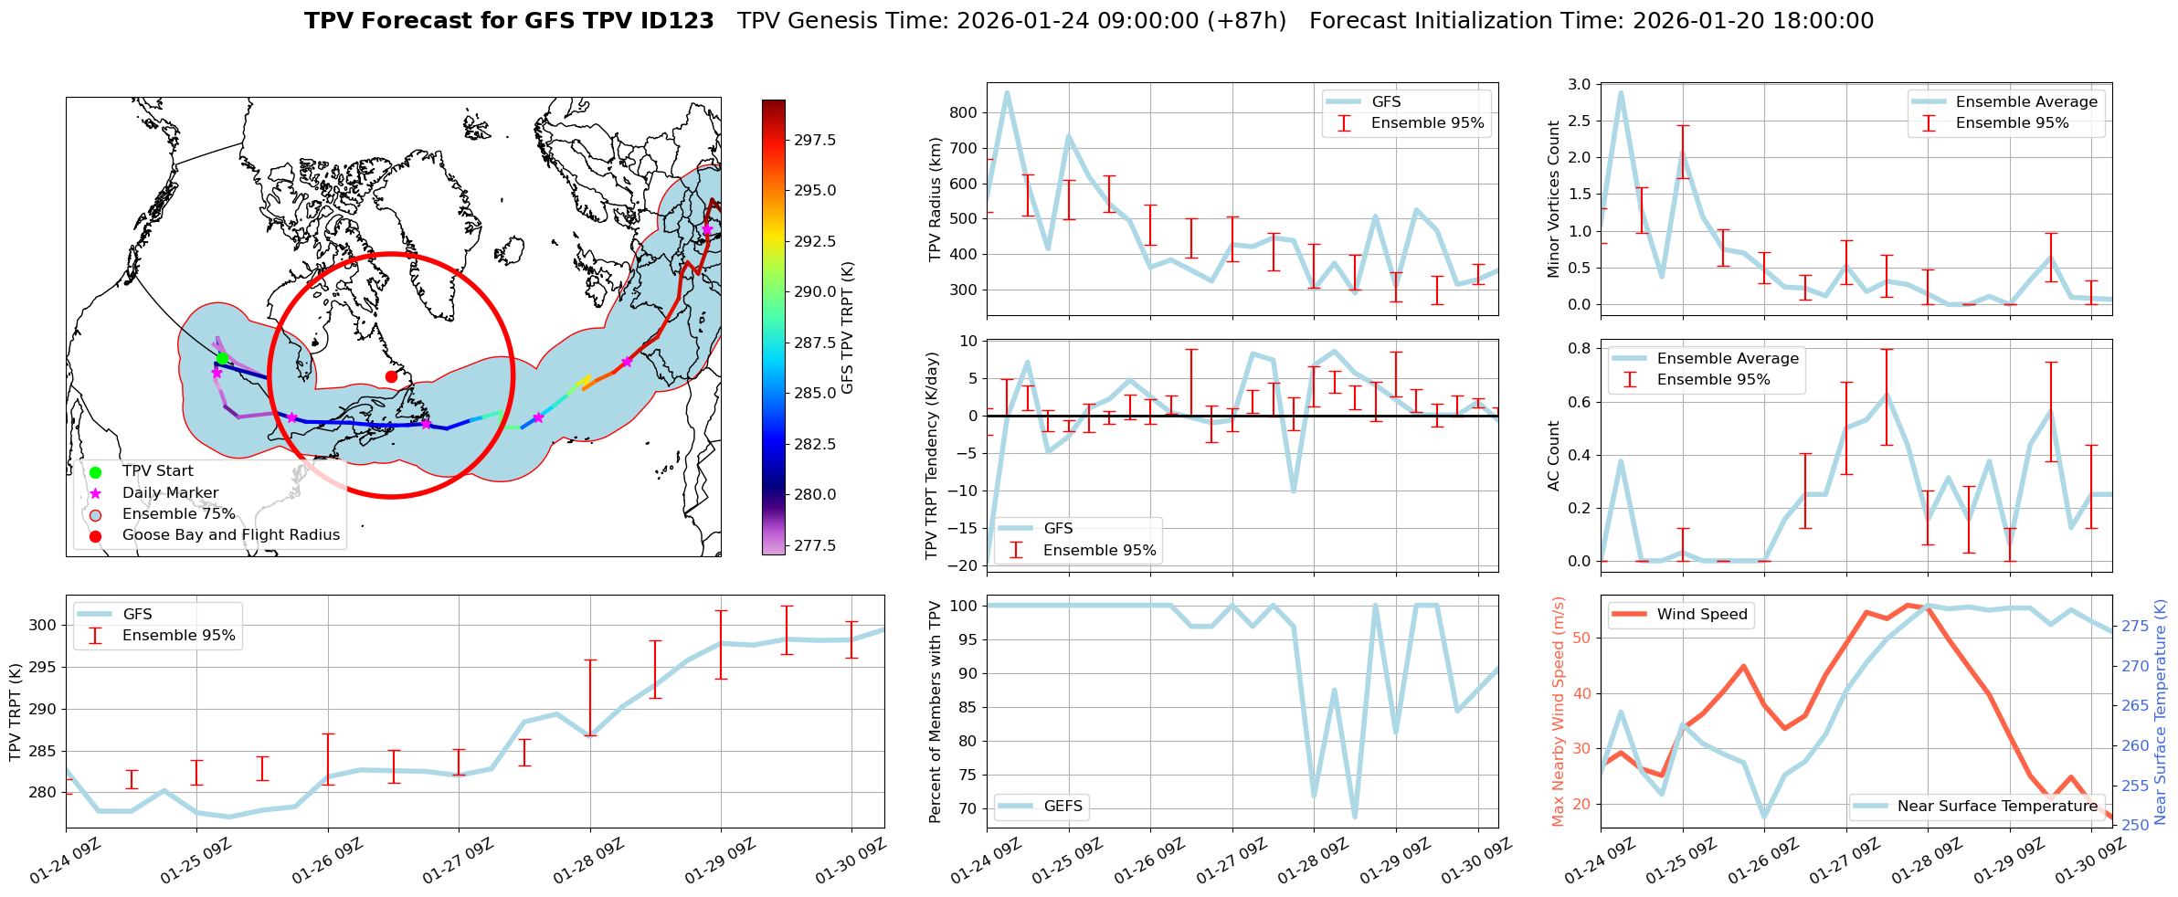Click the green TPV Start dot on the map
coord(222,358)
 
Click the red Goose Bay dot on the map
coord(391,376)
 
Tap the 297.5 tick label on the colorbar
coord(815,141)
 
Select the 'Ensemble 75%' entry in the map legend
coord(178,514)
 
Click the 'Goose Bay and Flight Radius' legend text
coord(230,535)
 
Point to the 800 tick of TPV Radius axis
coord(965,112)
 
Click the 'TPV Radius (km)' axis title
coord(935,199)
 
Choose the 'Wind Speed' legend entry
coord(1701,615)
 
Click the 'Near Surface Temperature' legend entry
coord(1996,806)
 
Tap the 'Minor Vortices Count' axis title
coord(1554,199)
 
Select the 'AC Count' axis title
coord(1554,456)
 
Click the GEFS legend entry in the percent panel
coord(1063,806)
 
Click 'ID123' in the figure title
coord(682,21)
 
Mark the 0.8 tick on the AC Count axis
coord(1579,348)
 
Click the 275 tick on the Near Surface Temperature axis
coord(2134,626)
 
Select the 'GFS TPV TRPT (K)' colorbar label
coord(847,327)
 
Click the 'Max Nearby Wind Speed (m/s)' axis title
coord(1558,711)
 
